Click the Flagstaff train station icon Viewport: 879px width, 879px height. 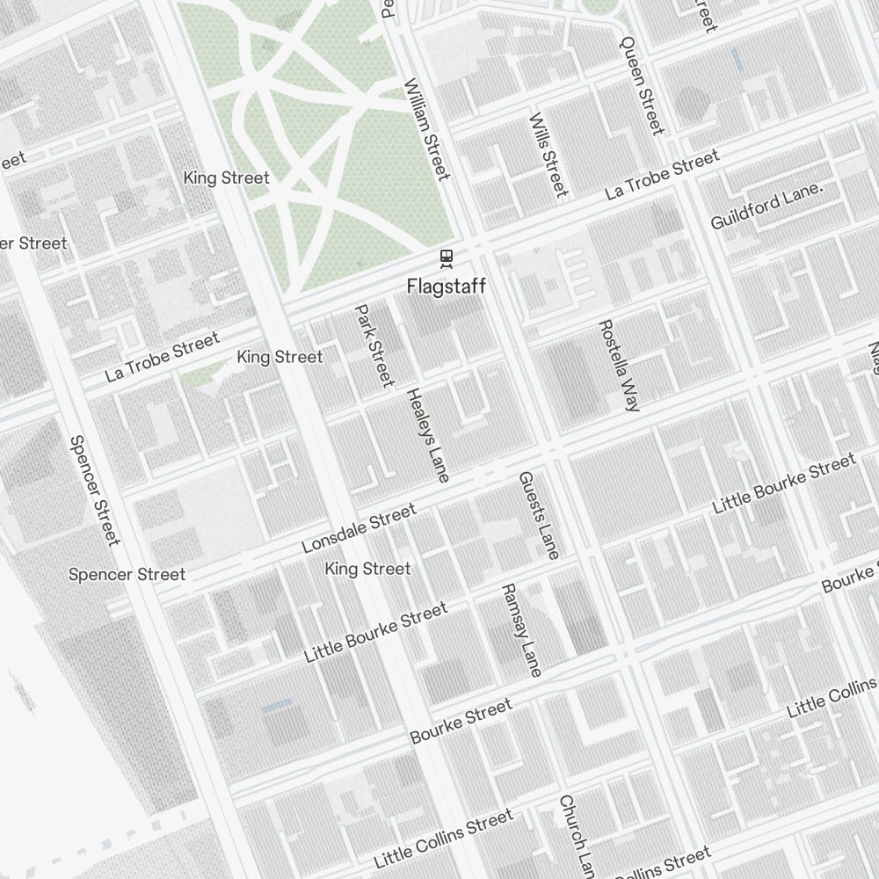coord(447,258)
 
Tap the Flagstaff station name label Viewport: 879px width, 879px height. coord(447,287)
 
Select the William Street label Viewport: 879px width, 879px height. coord(427,129)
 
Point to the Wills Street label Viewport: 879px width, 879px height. coord(548,155)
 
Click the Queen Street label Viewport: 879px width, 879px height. coord(643,85)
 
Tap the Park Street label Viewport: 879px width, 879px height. coord(374,345)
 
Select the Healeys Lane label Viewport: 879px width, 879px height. coord(428,435)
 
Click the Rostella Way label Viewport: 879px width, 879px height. coord(620,366)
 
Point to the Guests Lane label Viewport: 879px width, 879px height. coord(539,515)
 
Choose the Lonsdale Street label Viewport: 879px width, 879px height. coord(359,529)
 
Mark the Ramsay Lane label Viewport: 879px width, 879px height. coord(521,629)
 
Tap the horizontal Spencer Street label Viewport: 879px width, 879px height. coord(127,575)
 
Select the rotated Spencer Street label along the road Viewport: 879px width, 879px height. coord(94,490)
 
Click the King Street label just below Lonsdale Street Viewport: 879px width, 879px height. coord(367,570)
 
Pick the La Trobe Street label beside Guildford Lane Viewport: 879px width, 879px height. coord(663,174)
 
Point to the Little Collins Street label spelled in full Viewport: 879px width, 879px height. coord(443,839)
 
